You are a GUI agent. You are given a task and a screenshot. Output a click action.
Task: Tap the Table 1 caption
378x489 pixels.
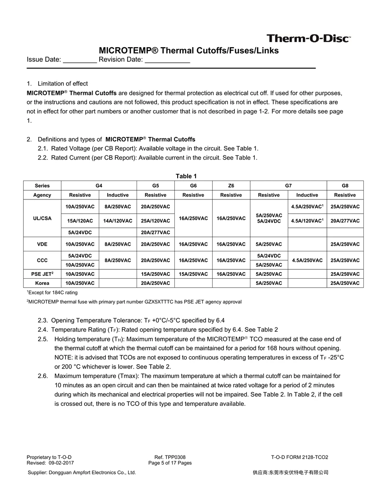(x=184, y=176)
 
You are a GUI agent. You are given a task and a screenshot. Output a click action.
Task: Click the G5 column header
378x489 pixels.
(x=155, y=186)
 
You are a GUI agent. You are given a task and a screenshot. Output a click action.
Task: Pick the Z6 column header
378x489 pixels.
(x=231, y=186)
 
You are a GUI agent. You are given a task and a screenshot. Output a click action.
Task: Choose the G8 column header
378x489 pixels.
(x=345, y=186)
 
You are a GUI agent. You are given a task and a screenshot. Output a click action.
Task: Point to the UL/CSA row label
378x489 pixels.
(x=43, y=218)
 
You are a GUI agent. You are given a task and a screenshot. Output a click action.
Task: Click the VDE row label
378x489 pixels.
(x=43, y=244)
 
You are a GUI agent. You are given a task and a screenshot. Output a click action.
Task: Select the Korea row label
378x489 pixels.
(x=43, y=283)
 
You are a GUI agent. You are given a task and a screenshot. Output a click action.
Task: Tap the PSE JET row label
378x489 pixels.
(x=43, y=274)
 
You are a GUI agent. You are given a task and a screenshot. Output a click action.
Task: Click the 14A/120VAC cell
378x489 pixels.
(x=118, y=221)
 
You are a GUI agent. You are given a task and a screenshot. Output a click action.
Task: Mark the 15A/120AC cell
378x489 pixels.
(x=80, y=221)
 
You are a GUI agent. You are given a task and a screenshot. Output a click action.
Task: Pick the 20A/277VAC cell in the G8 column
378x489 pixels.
(x=345, y=221)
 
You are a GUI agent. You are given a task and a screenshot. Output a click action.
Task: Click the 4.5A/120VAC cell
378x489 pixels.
(x=307, y=221)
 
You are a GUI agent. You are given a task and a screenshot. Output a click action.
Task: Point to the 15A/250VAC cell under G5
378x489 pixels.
(x=155, y=274)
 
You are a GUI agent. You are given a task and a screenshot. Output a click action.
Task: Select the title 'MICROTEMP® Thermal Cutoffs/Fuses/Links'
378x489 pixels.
(x=189, y=51)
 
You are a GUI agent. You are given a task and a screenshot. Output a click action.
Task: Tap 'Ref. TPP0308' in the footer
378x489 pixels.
(x=170, y=457)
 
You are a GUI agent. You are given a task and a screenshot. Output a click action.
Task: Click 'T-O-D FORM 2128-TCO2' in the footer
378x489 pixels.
(x=300, y=457)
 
